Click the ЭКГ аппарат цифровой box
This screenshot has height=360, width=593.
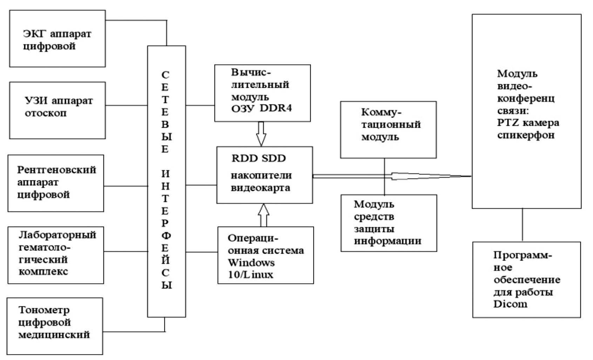tap(57, 39)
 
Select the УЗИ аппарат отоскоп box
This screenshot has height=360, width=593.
tap(57, 110)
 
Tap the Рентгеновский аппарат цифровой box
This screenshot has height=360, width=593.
tap(56, 183)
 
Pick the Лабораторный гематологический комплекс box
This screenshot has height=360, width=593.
tap(56, 255)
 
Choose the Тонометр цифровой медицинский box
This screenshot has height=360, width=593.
tap(55, 326)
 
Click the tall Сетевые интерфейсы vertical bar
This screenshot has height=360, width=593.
tap(166, 181)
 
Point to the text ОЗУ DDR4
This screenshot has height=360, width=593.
tap(261, 108)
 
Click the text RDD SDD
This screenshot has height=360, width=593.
tap(259, 158)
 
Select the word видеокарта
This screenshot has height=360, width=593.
tap(260, 188)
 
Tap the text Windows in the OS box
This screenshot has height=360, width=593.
tap(251, 262)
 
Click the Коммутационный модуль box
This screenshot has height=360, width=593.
tap(388, 129)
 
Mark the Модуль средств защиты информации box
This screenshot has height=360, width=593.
tap(389, 223)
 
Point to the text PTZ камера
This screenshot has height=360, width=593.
tap(528, 123)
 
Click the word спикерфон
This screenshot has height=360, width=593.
tap(526, 135)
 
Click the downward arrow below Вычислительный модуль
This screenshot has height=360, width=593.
tap(261, 134)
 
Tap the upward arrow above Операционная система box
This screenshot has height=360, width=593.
tap(264, 215)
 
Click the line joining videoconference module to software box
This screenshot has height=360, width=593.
tap(523, 225)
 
